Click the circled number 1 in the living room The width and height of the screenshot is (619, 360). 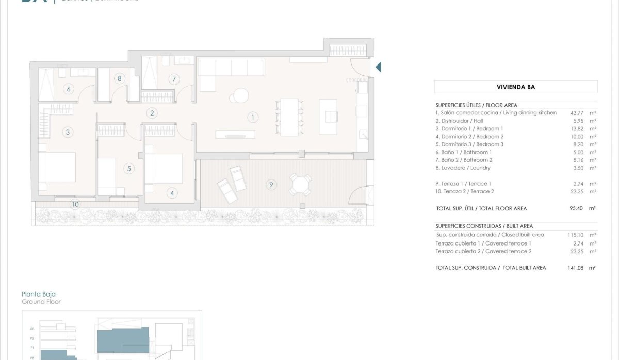click(x=253, y=118)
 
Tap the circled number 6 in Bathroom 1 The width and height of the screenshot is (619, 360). click(x=69, y=89)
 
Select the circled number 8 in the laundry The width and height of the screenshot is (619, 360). click(x=120, y=79)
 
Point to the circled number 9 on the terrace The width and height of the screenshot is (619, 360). click(x=270, y=184)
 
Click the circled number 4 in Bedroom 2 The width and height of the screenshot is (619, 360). click(x=172, y=193)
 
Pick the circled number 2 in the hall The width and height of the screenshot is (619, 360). click(x=151, y=113)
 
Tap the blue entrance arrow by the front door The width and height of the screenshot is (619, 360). click(x=378, y=67)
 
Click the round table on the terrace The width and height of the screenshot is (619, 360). click(x=301, y=183)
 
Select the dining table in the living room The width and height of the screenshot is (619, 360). click(x=289, y=117)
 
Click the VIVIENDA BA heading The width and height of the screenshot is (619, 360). click(x=516, y=87)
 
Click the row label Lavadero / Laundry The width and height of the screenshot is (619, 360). click(x=463, y=168)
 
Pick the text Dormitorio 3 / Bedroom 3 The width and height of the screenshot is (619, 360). click(x=469, y=144)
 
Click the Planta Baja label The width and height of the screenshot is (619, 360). click(x=39, y=294)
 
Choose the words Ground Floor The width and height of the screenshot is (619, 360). click(x=41, y=302)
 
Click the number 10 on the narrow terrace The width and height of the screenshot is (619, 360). click(x=75, y=204)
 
